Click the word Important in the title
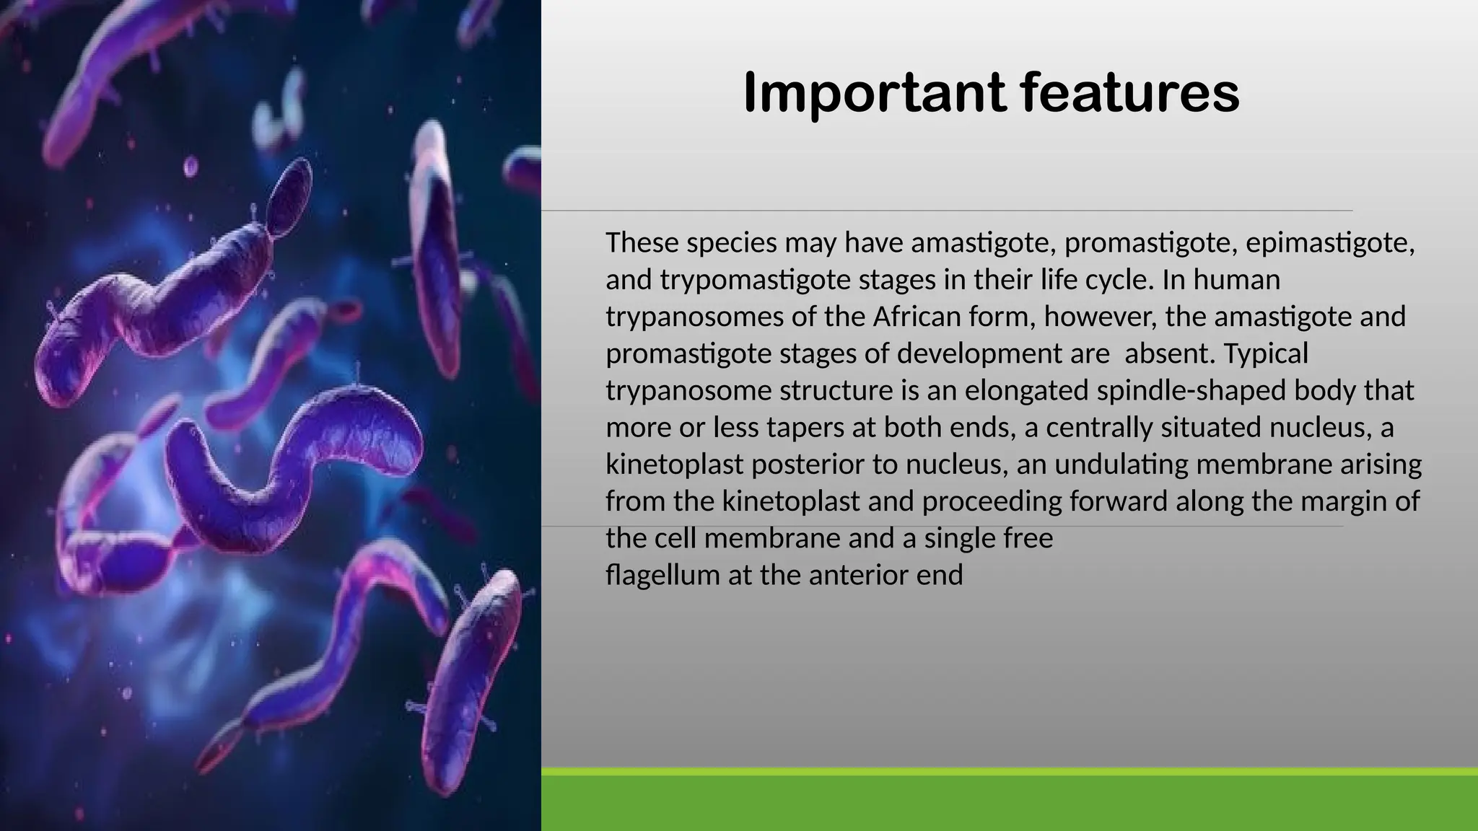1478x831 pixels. (x=874, y=92)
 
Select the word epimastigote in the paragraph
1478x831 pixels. (x=1329, y=242)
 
